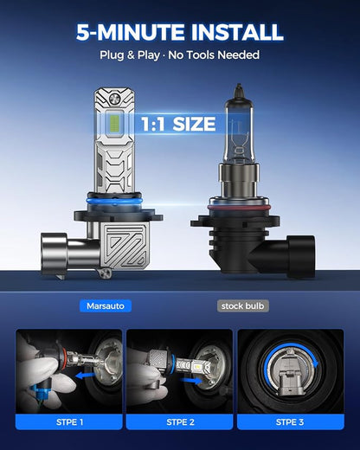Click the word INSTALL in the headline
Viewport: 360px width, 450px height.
point(237,32)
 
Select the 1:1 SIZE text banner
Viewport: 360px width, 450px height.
point(178,124)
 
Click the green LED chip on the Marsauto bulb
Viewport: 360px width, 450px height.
point(114,124)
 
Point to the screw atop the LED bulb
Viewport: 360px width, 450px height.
point(114,99)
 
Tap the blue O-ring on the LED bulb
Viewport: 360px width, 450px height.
point(114,201)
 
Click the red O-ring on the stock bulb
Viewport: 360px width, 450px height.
point(239,207)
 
